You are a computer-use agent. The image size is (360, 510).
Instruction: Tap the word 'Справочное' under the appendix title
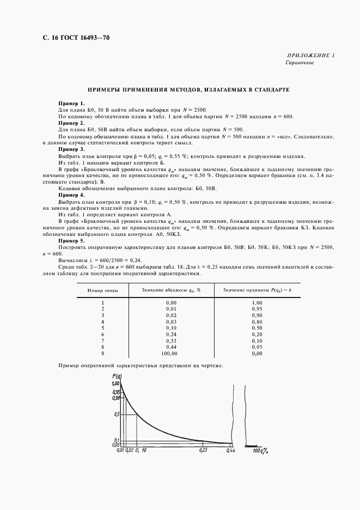(x=300, y=63)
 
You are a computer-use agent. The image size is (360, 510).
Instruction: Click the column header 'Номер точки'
(x=102, y=290)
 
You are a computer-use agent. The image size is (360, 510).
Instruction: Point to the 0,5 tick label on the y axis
(x=116, y=414)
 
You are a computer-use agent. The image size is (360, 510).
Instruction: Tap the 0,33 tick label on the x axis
(x=203, y=451)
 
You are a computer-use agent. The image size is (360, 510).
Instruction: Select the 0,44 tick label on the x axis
(x=230, y=451)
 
